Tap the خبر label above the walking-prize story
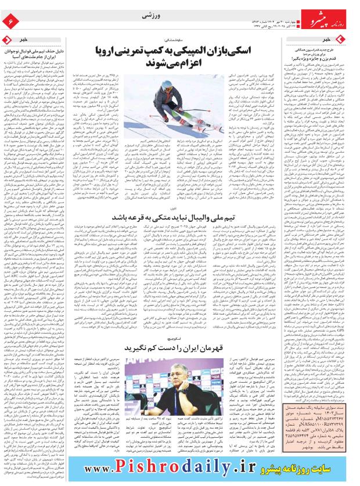[x=343, y=39]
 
